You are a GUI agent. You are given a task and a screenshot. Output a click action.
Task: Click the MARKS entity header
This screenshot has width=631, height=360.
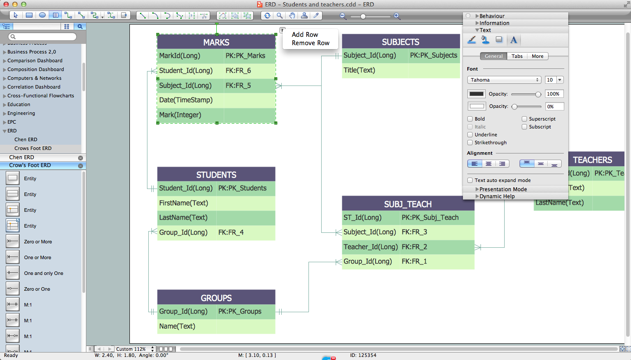tap(216, 43)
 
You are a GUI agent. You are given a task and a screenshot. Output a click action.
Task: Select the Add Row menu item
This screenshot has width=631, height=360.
tap(305, 35)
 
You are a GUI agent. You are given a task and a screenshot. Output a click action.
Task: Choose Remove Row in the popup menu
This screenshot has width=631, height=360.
tap(311, 43)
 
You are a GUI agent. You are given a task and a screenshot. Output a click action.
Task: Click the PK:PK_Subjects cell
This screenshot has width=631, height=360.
tap(434, 55)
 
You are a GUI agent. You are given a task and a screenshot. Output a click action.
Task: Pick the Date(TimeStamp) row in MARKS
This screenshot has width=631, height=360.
tap(186, 100)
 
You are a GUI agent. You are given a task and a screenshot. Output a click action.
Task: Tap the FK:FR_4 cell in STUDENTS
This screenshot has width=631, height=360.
tap(231, 232)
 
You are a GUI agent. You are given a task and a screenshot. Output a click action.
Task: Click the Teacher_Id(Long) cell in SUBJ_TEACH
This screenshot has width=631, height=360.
tap(371, 247)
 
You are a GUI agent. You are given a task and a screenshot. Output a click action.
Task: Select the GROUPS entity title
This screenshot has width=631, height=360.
tap(216, 298)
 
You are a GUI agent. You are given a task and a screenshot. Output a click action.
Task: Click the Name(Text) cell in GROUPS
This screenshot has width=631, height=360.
tap(177, 326)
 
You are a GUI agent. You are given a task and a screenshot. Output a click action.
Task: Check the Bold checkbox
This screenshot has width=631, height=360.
tap(470, 119)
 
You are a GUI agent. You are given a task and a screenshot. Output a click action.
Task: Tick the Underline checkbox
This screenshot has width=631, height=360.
tap(470, 135)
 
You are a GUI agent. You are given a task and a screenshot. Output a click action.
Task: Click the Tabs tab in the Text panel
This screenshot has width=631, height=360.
tap(517, 56)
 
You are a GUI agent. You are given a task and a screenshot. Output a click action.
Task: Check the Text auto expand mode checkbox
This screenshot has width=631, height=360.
tap(470, 180)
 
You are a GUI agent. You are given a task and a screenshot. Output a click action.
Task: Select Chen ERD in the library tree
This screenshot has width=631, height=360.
tap(26, 139)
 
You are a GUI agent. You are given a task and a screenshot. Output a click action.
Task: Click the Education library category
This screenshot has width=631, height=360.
tap(19, 104)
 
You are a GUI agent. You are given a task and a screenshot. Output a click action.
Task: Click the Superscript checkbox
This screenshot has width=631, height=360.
tap(525, 119)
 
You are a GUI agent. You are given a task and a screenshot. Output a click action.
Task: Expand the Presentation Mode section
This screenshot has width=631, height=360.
tap(503, 189)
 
